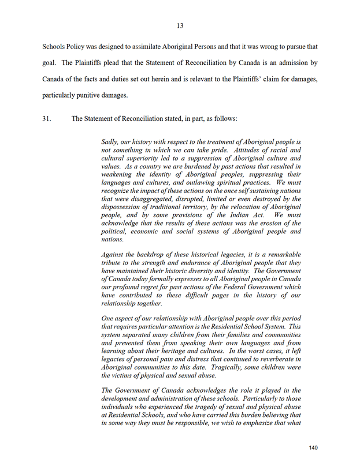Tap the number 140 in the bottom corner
tap(313, 448)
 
